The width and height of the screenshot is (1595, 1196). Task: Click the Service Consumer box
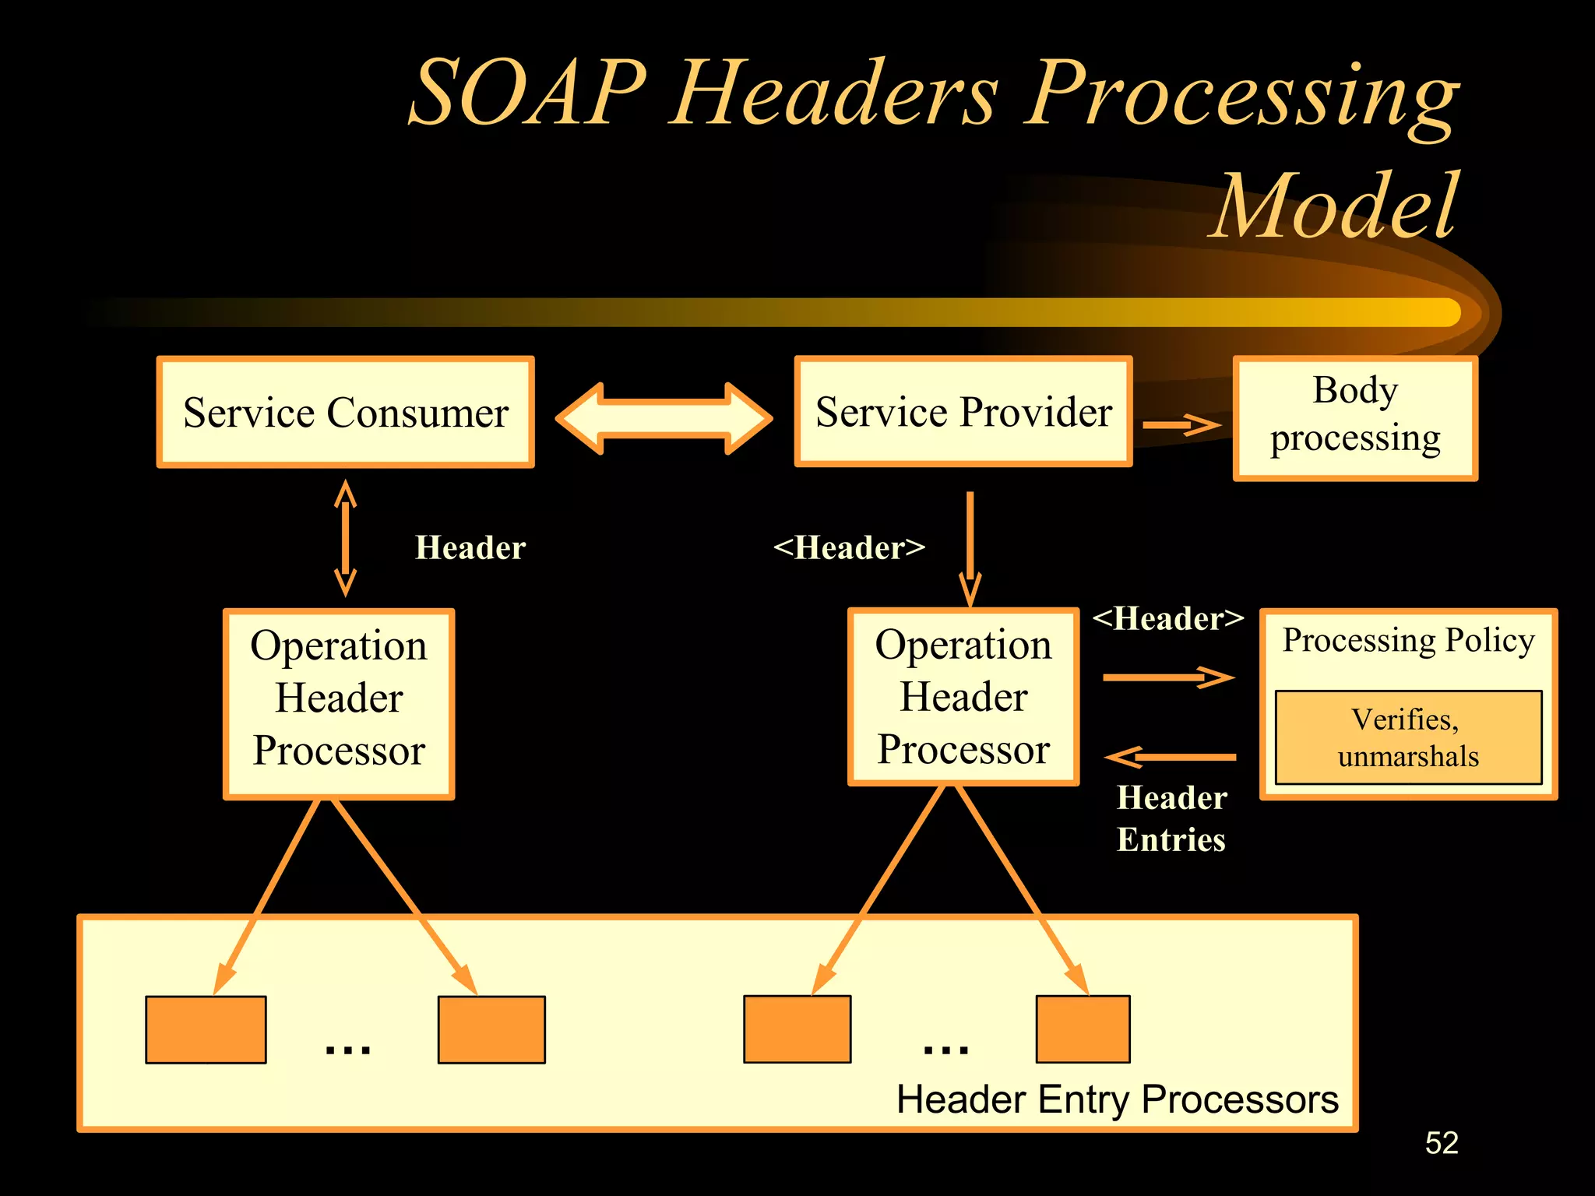pos(345,412)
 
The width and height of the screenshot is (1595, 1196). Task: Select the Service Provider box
pos(963,412)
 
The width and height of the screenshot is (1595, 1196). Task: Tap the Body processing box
pos(1355,418)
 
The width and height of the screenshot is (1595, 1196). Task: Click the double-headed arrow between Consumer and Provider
pos(664,418)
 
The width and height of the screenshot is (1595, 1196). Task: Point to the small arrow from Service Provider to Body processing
pos(1181,424)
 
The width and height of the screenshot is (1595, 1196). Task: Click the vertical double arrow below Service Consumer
pos(345,538)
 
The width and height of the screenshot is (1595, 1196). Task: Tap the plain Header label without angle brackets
pos(470,547)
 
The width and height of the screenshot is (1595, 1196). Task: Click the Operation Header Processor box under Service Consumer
pos(339,703)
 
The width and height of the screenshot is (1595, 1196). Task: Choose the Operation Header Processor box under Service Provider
pos(963,697)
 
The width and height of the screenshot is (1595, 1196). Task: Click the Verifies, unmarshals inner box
pos(1408,737)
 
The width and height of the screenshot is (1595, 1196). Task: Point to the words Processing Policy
pos(1408,640)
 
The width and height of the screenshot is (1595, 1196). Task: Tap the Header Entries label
pos(1171,818)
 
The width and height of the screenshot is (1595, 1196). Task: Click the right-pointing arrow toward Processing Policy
pos(1168,677)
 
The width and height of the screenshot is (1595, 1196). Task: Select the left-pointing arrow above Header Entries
pos(1171,757)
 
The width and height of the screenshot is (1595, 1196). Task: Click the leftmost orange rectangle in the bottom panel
pos(206,1029)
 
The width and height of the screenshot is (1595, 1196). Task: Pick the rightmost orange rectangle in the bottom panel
pos(1083,1029)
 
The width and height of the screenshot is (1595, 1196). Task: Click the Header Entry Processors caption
pos(1117,1099)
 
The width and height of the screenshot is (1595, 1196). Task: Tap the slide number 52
pos(1441,1143)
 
